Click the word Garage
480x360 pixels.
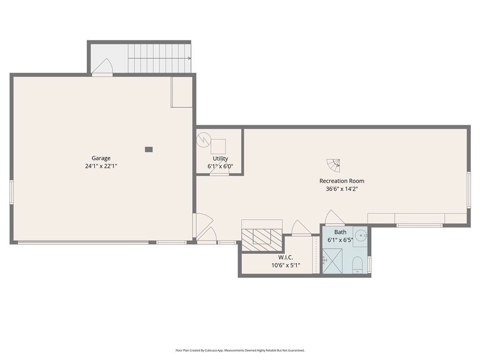click(101, 158)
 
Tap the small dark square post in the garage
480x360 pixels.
click(149, 150)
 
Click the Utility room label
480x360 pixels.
click(220, 158)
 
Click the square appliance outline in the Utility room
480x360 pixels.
click(218, 146)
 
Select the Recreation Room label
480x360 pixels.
click(342, 181)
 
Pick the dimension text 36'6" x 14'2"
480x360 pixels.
click(342, 189)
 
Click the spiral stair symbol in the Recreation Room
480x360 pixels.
click(334, 165)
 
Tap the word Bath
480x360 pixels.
click(340, 232)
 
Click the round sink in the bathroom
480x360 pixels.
click(360, 235)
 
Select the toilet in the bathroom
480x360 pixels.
click(357, 265)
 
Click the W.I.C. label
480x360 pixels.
click(285, 257)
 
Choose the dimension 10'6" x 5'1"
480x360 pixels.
click(285, 265)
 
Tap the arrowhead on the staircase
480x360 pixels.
click(189, 59)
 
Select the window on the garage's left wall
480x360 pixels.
click(12, 192)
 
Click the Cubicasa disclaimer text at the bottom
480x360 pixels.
click(240, 350)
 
